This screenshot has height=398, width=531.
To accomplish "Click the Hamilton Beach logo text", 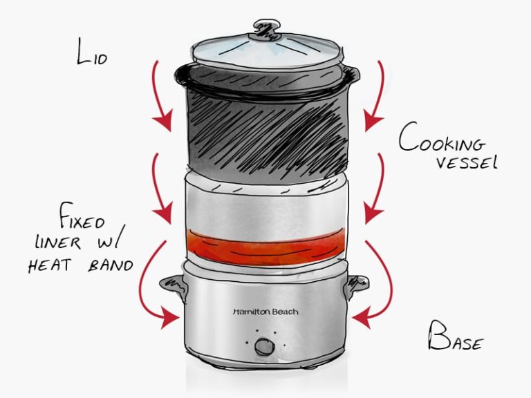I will [x=265, y=312].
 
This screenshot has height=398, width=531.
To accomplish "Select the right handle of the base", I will [x=358, y=283].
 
